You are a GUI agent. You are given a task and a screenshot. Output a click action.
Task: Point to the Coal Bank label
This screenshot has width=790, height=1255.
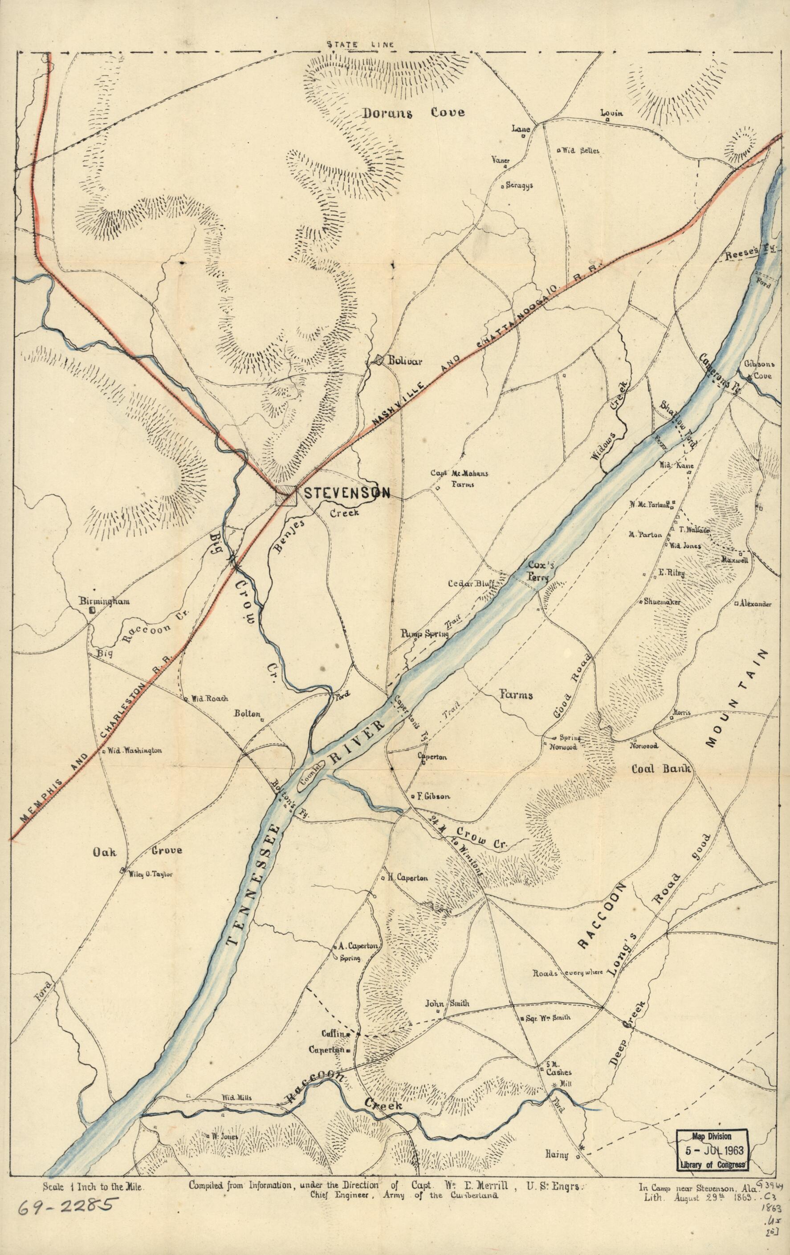point(661,769)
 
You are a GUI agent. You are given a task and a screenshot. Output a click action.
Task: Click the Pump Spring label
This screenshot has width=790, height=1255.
point(421,634)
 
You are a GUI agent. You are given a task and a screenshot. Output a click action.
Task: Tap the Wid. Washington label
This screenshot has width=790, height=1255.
point(134,751)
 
